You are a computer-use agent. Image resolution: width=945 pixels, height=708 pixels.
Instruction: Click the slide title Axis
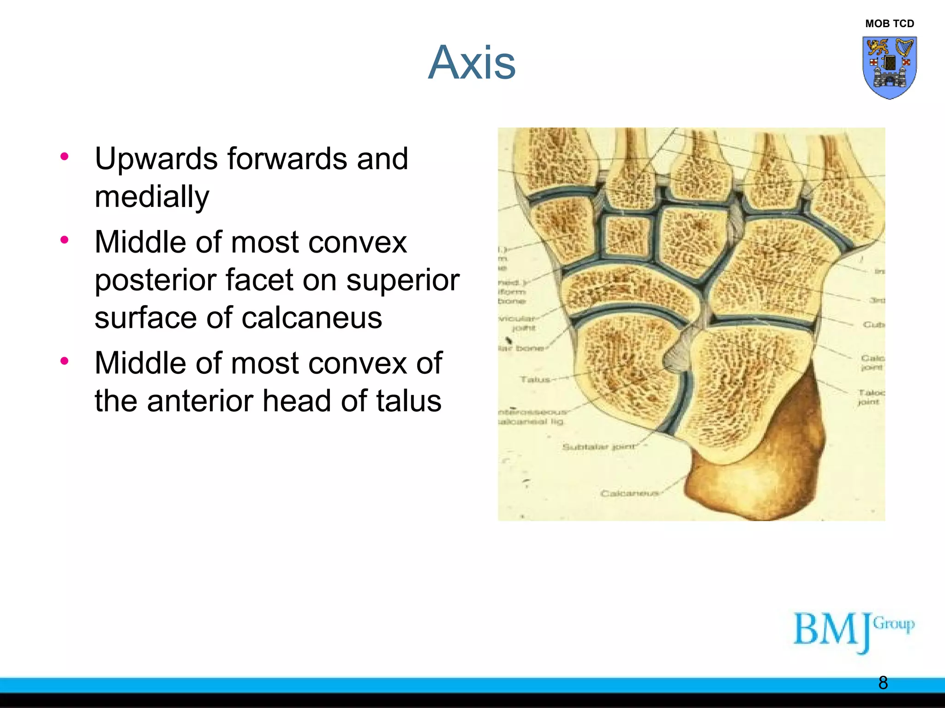coord(472,63)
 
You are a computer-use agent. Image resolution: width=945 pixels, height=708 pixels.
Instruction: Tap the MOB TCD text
coord(889,24)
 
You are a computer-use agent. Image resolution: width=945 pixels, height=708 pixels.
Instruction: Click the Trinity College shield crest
coord(889,67)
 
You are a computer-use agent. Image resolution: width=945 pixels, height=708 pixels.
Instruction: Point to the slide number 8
coord(883,683)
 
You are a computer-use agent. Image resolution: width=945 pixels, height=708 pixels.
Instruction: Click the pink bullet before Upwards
coord(65,156)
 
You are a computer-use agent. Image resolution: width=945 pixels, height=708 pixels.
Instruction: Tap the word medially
coord(152,197)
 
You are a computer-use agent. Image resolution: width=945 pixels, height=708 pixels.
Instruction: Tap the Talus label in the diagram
coord(535,379)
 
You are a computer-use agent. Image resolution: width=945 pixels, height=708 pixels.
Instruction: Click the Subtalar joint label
coord(598,447)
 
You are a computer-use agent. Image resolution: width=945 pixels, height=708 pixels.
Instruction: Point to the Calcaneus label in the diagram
coord(629,494)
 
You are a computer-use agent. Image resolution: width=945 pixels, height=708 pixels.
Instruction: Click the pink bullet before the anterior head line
coord(65,361)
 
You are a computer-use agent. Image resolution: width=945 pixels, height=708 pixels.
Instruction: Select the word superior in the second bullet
coord(402,280)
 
